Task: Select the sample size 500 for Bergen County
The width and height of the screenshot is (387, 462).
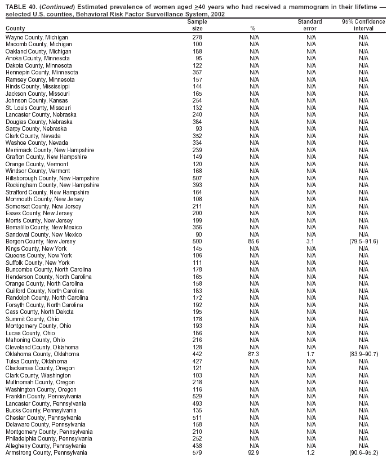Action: (x=197, y=242)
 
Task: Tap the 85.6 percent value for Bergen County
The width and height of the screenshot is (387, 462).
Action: (x=253, y=242)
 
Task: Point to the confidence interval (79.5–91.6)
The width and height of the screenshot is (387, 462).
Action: (x=363, y=242)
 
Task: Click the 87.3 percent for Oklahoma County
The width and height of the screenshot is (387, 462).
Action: (x=253, y=354)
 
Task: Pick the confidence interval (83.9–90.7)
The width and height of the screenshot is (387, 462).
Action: (x=363, y=354)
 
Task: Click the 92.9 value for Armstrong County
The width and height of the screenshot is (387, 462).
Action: (x=253, y=453)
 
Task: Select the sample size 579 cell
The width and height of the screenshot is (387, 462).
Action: (x=197, y=453)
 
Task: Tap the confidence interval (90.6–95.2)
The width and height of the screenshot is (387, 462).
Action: (x=363, y=453)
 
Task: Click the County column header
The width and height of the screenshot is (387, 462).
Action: (x=15, y=28)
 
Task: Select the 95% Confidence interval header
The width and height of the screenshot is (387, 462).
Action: (x=363, y=25)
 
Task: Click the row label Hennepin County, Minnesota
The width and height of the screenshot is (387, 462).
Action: (x=42, y=73)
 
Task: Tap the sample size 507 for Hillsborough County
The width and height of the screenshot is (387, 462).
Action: (x=197, y=178)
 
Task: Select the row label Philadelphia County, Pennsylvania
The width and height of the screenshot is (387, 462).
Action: (x=49, y=439)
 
